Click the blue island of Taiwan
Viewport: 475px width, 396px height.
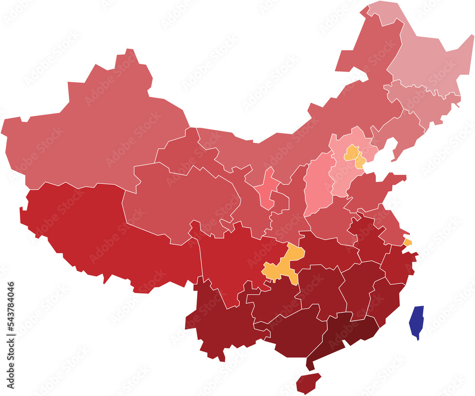417,321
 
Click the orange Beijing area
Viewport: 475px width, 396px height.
351,153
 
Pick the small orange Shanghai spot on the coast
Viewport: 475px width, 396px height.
408,242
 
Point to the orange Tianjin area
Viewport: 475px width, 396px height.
361,162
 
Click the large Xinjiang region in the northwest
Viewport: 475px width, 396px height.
95,138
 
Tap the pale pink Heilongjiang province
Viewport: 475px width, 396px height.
427,62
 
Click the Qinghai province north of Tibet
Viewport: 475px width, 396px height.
180,199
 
